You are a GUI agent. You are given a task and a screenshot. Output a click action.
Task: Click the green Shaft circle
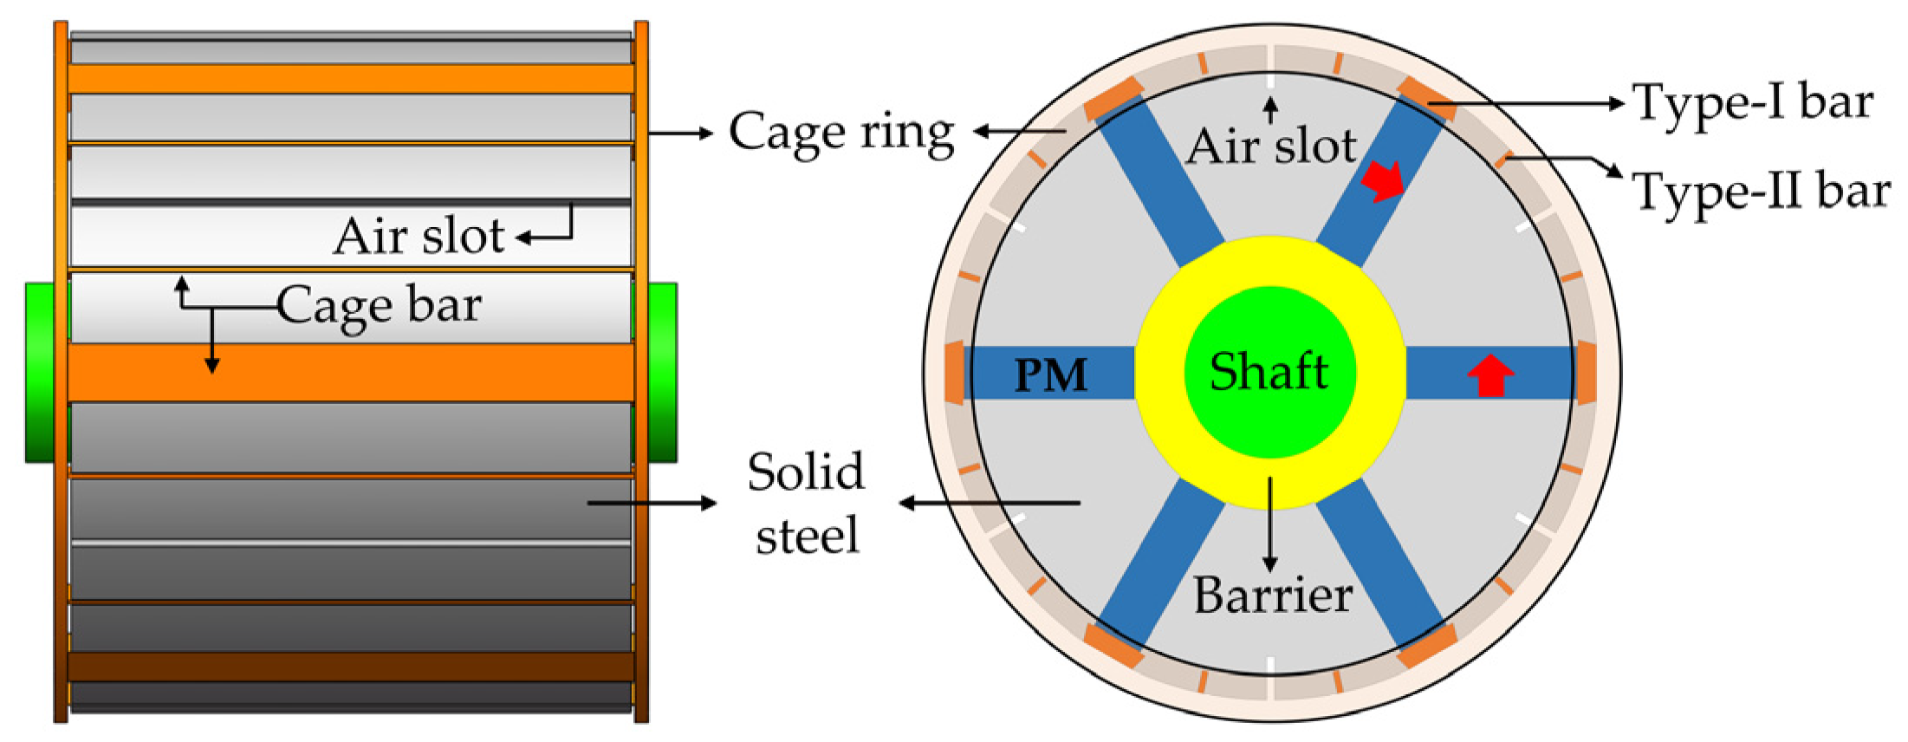[1269, 372]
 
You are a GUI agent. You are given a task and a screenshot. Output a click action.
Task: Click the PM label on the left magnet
[1050, 375]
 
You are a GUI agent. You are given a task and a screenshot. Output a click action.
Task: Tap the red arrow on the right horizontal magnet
[1490, 375]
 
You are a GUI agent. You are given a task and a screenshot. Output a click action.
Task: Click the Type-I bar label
[1752, 103]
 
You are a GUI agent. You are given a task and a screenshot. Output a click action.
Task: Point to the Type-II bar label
[1761, 192]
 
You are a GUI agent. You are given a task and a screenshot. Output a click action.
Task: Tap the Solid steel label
[807, 503]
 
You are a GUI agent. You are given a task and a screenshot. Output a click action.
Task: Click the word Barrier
[1273, 596]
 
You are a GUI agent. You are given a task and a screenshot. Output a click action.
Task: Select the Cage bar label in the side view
[379, 306]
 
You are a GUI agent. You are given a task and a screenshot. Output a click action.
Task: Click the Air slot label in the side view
[419, 236]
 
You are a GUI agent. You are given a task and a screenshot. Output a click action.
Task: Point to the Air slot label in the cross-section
[1271, 146]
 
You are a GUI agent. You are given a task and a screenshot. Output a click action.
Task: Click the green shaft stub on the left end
[40, 372]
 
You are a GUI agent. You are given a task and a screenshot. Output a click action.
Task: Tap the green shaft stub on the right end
[663, 372]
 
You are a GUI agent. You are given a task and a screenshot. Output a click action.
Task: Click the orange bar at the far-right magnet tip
[1586, 373]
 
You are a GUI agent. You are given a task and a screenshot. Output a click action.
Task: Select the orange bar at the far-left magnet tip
[953, 373]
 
